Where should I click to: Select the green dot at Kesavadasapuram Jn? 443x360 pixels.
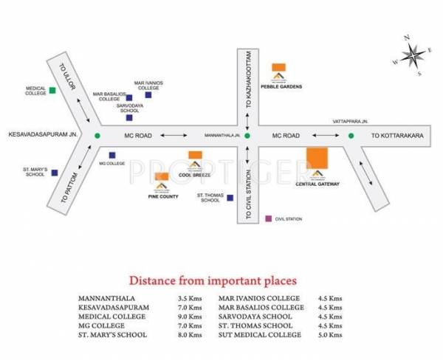(x=97, y=136)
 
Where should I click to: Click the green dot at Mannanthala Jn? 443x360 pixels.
(x=248, y=136)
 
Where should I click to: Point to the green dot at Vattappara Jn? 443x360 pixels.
(x=351, y=136)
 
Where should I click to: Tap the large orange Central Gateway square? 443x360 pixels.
(x=317, y=159)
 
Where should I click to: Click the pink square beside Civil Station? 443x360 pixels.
(x=269, y=219)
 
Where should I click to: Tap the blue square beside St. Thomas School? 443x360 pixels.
(x=230, y=198)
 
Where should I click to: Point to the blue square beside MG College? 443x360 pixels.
(x=111, y=155)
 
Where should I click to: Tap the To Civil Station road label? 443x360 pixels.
(x=249, y=191)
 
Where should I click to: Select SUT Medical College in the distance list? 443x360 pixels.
(x=260, y=335)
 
